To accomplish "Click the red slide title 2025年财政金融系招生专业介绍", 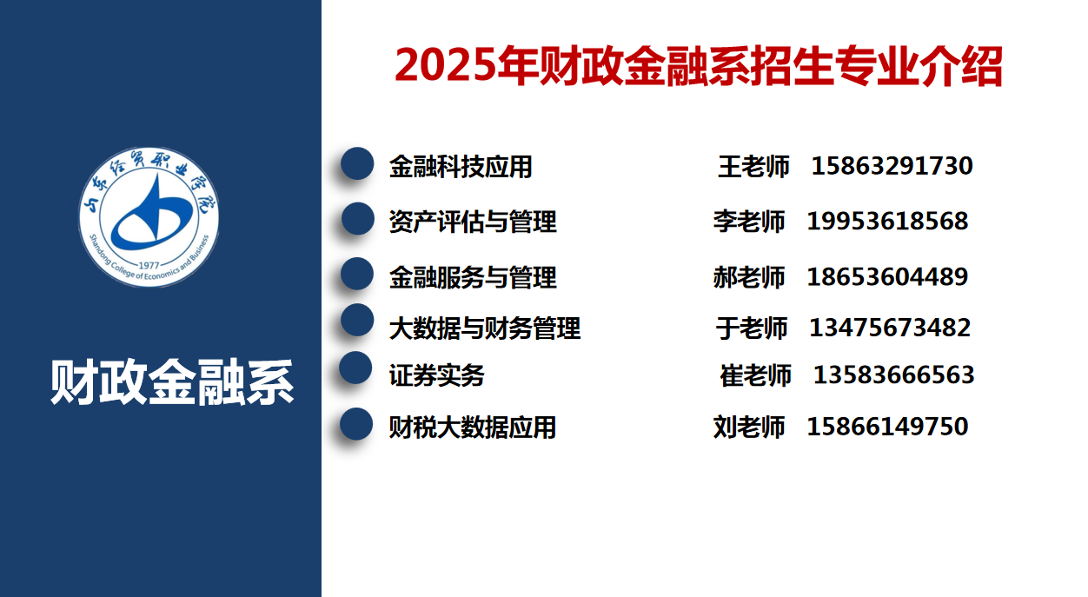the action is (x=699, y=66).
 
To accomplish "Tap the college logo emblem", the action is (x=149, y=216).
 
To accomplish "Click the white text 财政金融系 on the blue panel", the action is (x=172, y=381).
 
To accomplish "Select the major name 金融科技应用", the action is (x=461, y=167).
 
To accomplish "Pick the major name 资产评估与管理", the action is (x=473, y=222).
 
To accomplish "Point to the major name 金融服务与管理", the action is (x=473, y=277).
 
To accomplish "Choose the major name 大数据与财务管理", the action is (x=485, y=328).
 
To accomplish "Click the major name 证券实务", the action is (x=436, y=375).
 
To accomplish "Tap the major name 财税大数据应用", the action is (x=473, y=428).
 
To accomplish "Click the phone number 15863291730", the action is (x=892, y=166).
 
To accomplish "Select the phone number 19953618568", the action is (x=887, y=221).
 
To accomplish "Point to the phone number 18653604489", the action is (x=887, y=276).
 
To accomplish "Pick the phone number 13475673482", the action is (x=890, y=328).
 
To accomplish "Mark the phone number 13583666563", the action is (x=893, y=375).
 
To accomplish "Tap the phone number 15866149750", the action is (x=887, y=427).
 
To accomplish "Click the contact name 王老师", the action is (x=753, y=167).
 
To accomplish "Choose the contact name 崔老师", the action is (x=756, y=375).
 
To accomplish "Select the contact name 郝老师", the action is (x=749, y=277).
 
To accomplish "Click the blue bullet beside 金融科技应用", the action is (x=357, y=163).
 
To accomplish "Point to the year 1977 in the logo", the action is (x=149, y=265).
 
